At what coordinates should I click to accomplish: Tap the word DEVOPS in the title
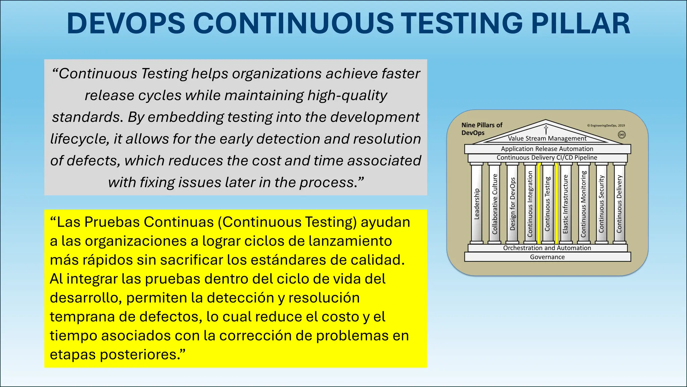[x=126, y=24]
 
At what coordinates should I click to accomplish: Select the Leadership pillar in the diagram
[x=477, y=204]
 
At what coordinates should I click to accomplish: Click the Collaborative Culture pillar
[x=494, y=204]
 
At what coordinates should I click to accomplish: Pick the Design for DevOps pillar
[x=512, y=204]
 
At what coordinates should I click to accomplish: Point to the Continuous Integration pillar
[x=530, y=204]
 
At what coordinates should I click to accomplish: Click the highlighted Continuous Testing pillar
[x=547, y=204]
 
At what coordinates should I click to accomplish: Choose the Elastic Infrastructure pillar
[x=566, y=204]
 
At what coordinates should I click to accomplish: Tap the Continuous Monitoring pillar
[x=583, y=204]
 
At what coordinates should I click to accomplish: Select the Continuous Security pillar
[x=601, y=204]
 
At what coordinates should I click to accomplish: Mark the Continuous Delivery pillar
[x=619, y=204]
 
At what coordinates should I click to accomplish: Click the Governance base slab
[x=547, y=257]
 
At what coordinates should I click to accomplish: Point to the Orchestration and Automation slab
[x=547, y=248]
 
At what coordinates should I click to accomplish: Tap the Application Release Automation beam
[x=547, y=149]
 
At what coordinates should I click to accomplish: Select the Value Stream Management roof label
[x=547, y=138]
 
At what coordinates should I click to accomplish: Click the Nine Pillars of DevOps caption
[x=482, y=129]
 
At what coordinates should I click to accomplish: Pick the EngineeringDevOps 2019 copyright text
[x=606, y=126]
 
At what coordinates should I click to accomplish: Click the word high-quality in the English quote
[x=347, y=95]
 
